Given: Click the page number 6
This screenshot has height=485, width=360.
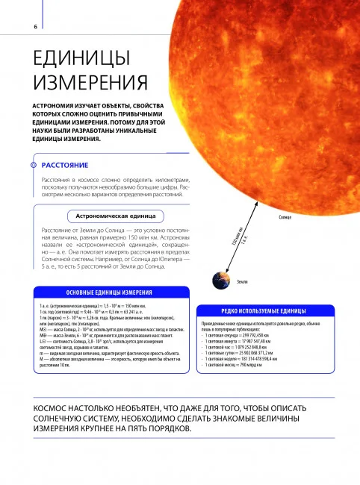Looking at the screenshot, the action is coord(15,28).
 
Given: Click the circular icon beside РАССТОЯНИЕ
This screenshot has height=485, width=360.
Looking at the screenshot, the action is coord(31,165).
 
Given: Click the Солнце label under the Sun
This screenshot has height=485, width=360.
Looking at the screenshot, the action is coord(284,217).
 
